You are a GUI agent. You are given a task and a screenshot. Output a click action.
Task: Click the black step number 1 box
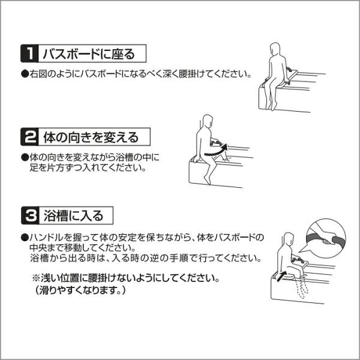29,53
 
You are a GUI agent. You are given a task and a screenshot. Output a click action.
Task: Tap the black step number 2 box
29,137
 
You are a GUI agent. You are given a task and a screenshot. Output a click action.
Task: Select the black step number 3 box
30,215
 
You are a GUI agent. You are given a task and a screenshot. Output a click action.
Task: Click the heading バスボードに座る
89,54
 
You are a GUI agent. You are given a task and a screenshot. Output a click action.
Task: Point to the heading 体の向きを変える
91,137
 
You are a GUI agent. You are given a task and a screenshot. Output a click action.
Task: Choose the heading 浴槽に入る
73,215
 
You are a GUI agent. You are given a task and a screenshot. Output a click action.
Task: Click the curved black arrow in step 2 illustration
216,151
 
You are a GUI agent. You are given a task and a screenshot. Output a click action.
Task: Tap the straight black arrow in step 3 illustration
281,275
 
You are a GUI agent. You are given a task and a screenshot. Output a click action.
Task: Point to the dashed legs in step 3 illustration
301,287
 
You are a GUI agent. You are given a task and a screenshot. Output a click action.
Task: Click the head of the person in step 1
275,49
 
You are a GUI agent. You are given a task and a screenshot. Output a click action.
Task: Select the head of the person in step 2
208,121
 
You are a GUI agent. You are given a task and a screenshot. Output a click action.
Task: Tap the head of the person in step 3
289,239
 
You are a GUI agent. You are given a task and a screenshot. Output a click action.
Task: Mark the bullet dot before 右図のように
25,74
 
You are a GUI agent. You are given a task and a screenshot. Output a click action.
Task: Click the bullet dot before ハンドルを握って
25,238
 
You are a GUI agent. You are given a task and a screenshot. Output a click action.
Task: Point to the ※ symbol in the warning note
36,278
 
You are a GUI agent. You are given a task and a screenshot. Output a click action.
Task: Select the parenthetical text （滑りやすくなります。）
80,290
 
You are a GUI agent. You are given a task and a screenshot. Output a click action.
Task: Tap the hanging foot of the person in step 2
207,180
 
